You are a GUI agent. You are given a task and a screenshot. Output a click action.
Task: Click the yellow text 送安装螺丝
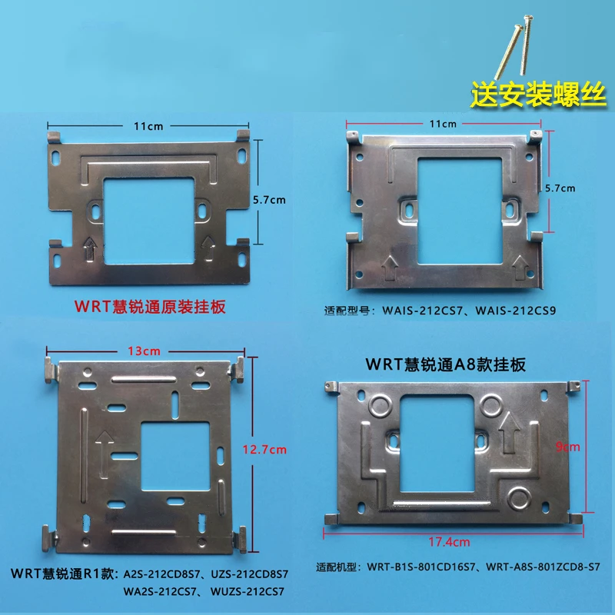[538, 95]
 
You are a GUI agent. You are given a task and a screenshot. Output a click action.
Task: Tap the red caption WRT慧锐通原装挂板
[150, 307]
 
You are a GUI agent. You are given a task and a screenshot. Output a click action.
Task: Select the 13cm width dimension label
[144, 351]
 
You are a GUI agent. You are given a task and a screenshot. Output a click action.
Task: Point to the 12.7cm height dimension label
[264, 450]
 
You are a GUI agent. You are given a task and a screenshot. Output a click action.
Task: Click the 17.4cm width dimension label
[449, 542]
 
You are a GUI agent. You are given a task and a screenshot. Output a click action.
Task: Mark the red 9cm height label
[567, 447]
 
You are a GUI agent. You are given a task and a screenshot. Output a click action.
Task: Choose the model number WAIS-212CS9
[516, 311]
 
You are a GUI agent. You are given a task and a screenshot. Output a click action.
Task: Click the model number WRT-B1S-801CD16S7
[421, 567]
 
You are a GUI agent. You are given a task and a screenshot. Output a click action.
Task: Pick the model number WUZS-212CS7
[247, 591]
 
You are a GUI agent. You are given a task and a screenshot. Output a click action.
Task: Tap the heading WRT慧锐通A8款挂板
[446, 364]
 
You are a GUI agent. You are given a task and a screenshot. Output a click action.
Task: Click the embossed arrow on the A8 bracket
[509, 433]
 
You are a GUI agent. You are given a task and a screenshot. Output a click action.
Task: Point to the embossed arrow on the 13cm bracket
[104, 454]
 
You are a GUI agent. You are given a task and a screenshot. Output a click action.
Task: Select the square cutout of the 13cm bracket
[175, 456]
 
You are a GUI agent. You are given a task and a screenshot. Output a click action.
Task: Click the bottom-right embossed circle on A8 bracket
[520, 498]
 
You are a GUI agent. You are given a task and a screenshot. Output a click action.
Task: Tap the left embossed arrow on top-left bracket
[90, 248]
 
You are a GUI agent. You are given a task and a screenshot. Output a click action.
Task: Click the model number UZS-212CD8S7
[249, 574]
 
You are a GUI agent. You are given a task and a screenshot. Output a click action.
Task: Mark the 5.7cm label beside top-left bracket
[269, 200]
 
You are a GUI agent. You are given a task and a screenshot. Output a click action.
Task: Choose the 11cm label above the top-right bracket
[443, 124]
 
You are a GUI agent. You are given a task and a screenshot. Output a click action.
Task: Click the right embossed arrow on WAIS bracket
[521, 268]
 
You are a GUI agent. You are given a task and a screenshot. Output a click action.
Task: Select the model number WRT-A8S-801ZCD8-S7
[543, 567]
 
